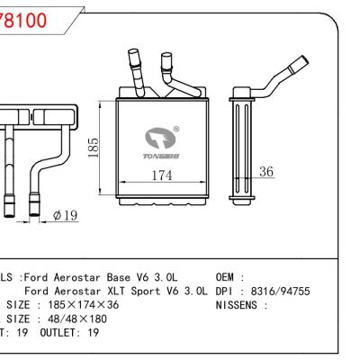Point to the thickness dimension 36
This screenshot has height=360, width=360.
click(266, 171)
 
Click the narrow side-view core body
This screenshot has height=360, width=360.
click(244, 144)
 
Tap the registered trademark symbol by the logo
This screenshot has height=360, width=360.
click(176, 129)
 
